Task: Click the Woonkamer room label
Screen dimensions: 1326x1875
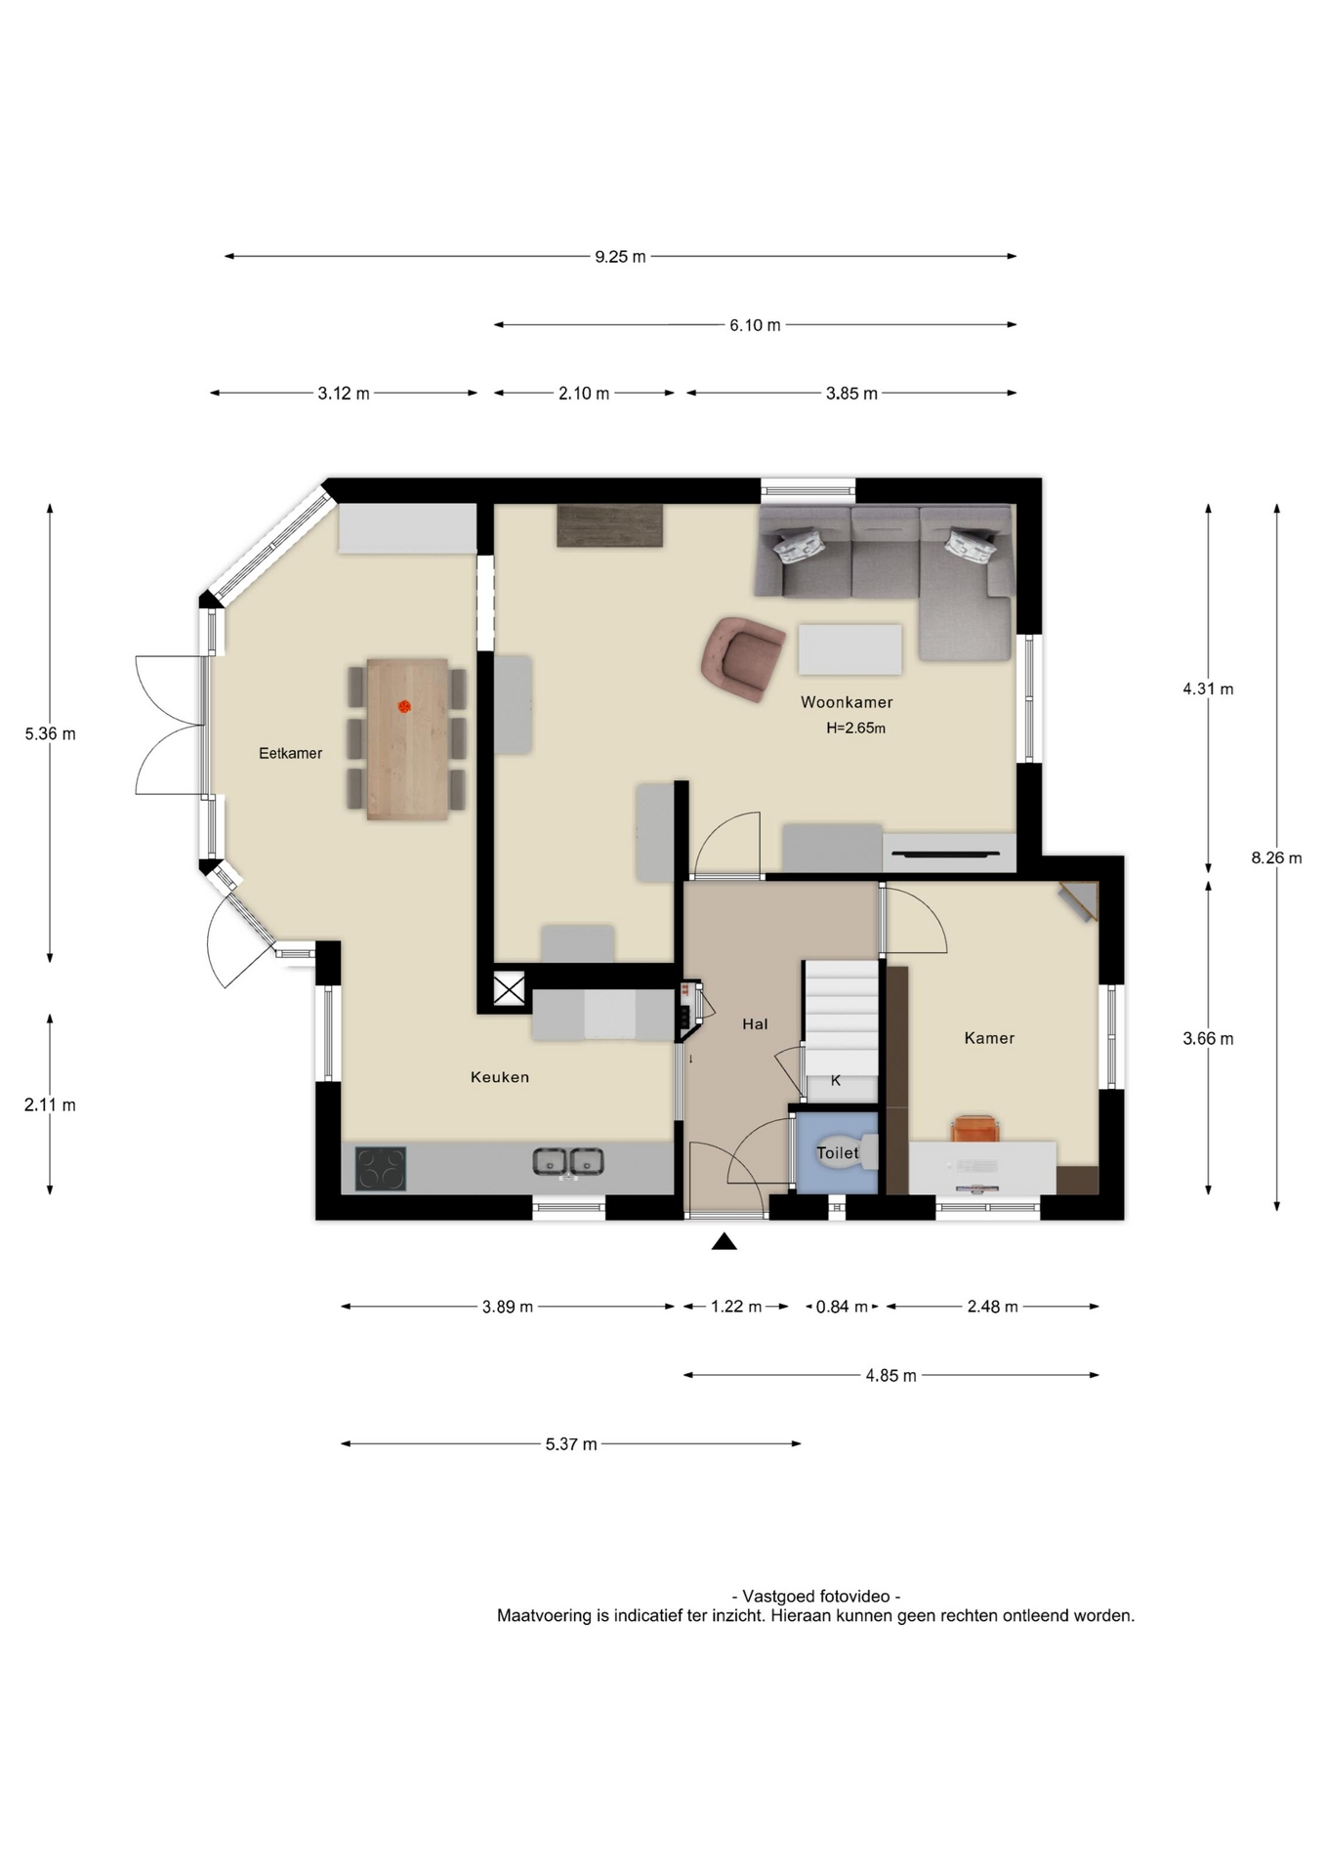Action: point(847,702)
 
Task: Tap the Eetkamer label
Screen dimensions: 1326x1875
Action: point(290,753)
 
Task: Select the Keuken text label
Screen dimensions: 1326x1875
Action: point(500,1077)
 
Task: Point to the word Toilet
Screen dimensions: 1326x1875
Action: point(838,1152)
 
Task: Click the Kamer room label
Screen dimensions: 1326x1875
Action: point(989,1038)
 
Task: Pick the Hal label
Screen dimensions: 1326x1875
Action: point(755,1023)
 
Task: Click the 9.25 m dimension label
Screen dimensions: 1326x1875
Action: point(620,257)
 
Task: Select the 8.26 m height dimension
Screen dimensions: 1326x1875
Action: point(1276,857)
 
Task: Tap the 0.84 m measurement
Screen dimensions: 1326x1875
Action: point(842,1307)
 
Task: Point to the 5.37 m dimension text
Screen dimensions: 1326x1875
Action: point(571,1444)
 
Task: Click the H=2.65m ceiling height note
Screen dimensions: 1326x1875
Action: point(855,728)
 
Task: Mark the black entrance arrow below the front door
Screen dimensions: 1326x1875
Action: point(724,1241)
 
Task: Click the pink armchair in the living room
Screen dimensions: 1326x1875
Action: point(742,658)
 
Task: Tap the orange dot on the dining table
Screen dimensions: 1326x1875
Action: point(404,706)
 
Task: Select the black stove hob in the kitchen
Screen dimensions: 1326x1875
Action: point(380,1168)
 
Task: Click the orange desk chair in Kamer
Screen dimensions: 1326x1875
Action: point(975,1128)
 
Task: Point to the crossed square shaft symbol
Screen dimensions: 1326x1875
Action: point(509,988)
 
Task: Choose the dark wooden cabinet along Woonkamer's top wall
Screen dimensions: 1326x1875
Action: point(610,525)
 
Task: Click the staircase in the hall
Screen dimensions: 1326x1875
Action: point(841,1017)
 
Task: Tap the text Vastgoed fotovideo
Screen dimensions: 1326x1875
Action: point(816,1596)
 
